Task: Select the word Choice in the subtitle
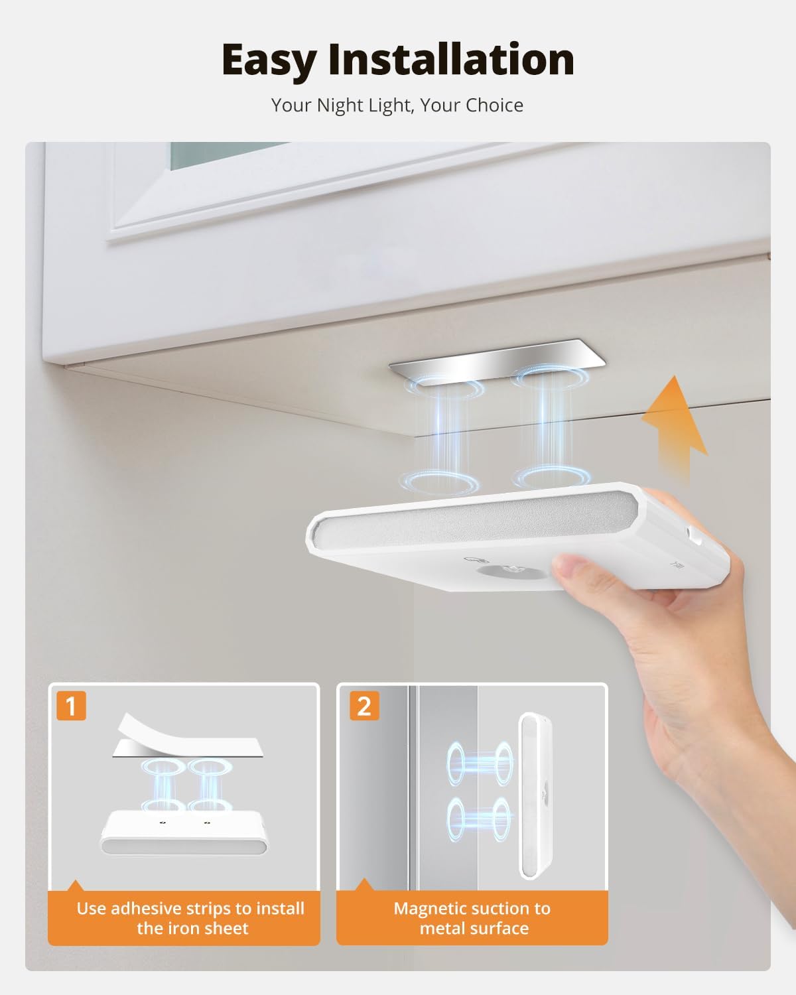(x=494, y=105)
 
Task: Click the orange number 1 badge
(x=71, y=706)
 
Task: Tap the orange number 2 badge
(x=364, y=706)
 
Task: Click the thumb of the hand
(x=578, y=570)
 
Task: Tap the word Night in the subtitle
(x=339, y=105)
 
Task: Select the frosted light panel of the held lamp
(x=476, y=521)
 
